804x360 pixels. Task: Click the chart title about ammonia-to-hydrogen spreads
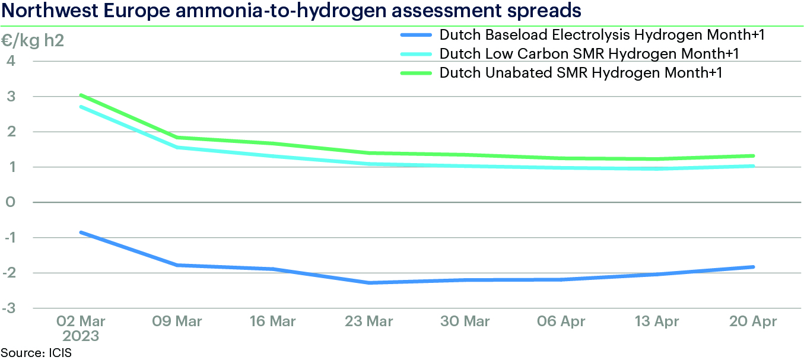pos(291,11)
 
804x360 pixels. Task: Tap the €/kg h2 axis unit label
pos(36,42)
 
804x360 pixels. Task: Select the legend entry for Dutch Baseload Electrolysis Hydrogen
pos(601,35)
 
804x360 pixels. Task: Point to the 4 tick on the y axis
pos(11,60)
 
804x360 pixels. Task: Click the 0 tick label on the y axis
pos(11,202)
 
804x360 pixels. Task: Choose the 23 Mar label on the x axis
pos(368,321)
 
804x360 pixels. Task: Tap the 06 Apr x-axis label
pos(561,321)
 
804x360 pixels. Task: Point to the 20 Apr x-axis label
pos(753,321)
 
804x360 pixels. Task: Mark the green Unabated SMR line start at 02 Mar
pos(80,95)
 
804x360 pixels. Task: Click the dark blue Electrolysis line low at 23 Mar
pos(369,282)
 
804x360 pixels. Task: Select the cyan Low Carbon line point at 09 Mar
pos(176,147)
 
